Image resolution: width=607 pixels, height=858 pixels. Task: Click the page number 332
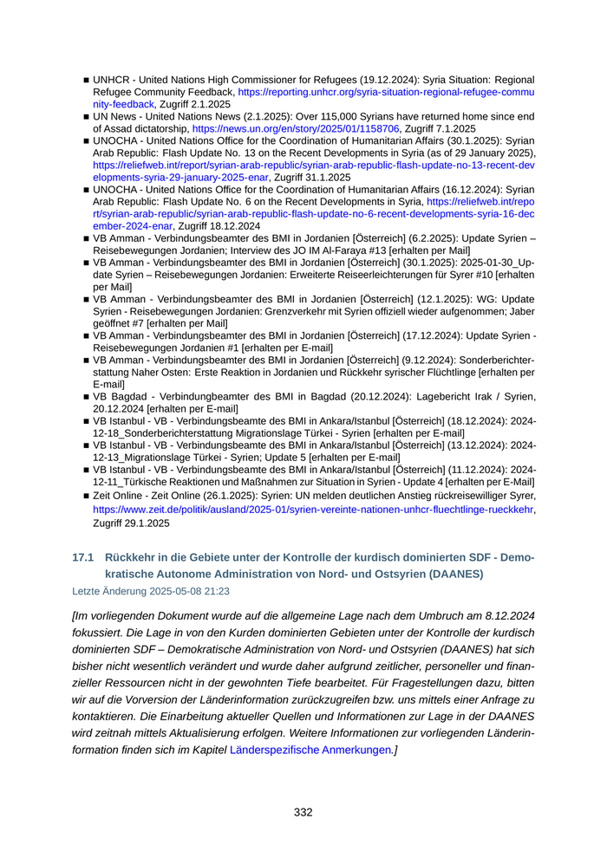[x=303, y=812]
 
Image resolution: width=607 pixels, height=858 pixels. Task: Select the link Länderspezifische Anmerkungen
[x=311, y=751]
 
